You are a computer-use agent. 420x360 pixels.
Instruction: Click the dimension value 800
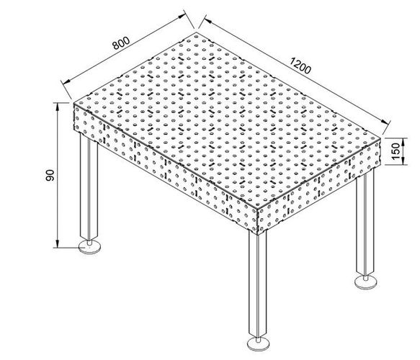[121, 42]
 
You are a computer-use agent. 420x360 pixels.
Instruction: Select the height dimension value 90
[50, 175]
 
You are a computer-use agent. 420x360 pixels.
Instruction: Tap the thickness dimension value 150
[396, 151]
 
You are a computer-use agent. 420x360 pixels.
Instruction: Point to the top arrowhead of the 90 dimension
[57, 107]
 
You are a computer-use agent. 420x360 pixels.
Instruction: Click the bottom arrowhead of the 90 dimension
[57, 244]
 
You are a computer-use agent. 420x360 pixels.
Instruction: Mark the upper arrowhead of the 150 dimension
[404, 142]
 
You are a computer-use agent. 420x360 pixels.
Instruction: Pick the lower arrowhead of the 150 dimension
[404, 161]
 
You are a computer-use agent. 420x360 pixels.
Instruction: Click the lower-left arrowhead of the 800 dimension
[66, 81]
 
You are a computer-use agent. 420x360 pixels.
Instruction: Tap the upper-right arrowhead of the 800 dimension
[182, 16]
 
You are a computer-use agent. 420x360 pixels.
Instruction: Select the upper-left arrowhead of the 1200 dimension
[208, 21]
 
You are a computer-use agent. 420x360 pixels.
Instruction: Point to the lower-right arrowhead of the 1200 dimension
[385, 122]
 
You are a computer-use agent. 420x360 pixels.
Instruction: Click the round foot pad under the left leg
[90, 247]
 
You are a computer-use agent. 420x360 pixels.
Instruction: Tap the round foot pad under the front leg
[258, 343]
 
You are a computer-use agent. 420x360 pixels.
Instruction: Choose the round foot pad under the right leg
[366, 283]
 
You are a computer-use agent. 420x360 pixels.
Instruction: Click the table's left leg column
[89, 187]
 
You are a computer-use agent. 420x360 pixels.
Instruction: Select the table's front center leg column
[258, 284]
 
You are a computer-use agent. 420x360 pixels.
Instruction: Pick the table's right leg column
[365, 225]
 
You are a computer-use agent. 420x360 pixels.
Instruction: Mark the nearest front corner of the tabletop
[257, 208]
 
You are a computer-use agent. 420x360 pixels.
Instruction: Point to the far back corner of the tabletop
[197, 32]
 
